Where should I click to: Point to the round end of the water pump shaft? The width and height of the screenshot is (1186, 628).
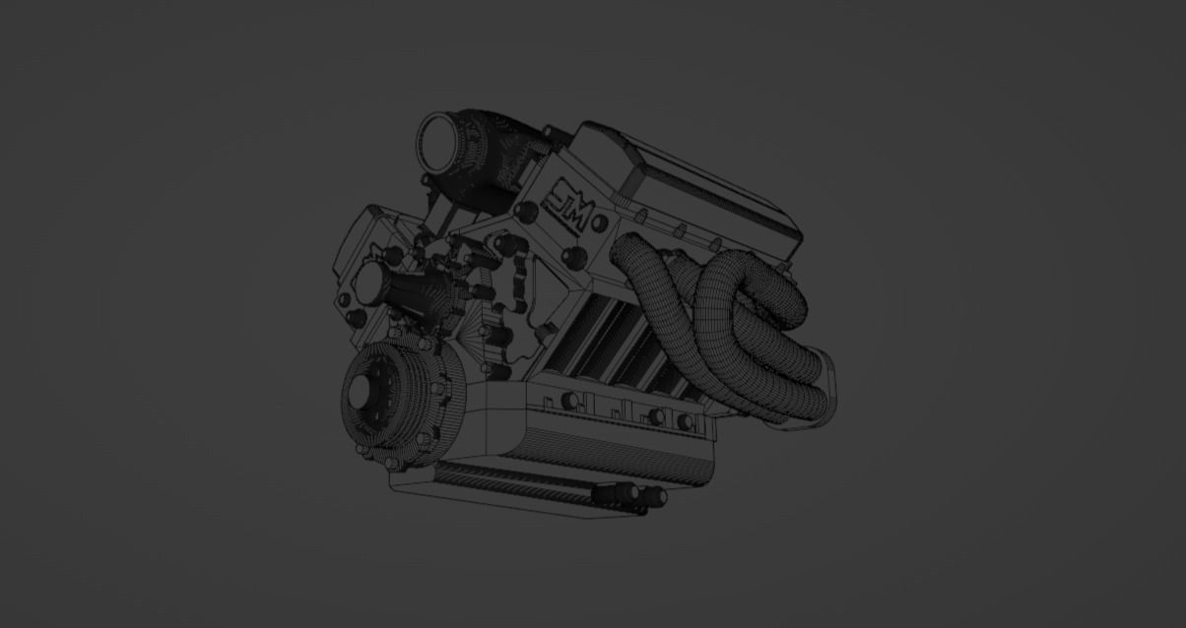[365, 284]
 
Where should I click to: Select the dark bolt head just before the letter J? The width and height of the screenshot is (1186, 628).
[526, 212]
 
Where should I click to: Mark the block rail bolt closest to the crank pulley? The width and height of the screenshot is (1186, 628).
[569, 401]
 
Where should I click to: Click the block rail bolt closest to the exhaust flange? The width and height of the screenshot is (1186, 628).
[685, 422]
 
